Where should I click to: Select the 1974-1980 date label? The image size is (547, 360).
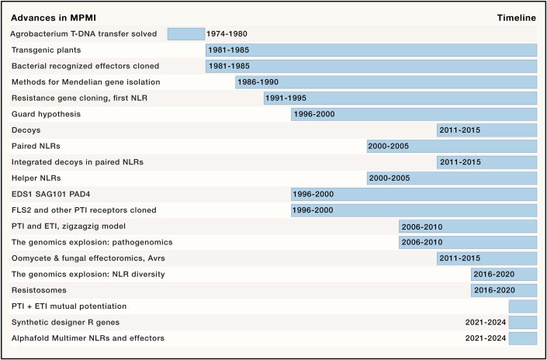pyautogui.click(x=227, y=34)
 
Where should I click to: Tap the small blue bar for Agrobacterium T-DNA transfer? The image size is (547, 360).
pyautogui.click(x=185, y=34)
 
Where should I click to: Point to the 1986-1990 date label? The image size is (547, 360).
pyautogui.click(x=258, y=82)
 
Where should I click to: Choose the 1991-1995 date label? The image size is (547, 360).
pyautogui.click(x=286, y=99)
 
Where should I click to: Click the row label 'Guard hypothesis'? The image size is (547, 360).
pyautogui.click(x=46, y=115)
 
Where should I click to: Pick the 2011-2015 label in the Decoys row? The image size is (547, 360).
pyautogui.click(x=460, y=130)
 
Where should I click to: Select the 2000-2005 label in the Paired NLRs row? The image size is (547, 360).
pyautogui.click(x=389, y=147)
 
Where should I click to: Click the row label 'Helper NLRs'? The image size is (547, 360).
pyautogui.click(x=37, y=178)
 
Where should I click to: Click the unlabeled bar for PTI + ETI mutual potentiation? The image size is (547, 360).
pyautogui.click(x=522, y=306)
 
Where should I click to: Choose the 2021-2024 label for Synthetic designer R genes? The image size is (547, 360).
pyautogui.click(x=486, y=322)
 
